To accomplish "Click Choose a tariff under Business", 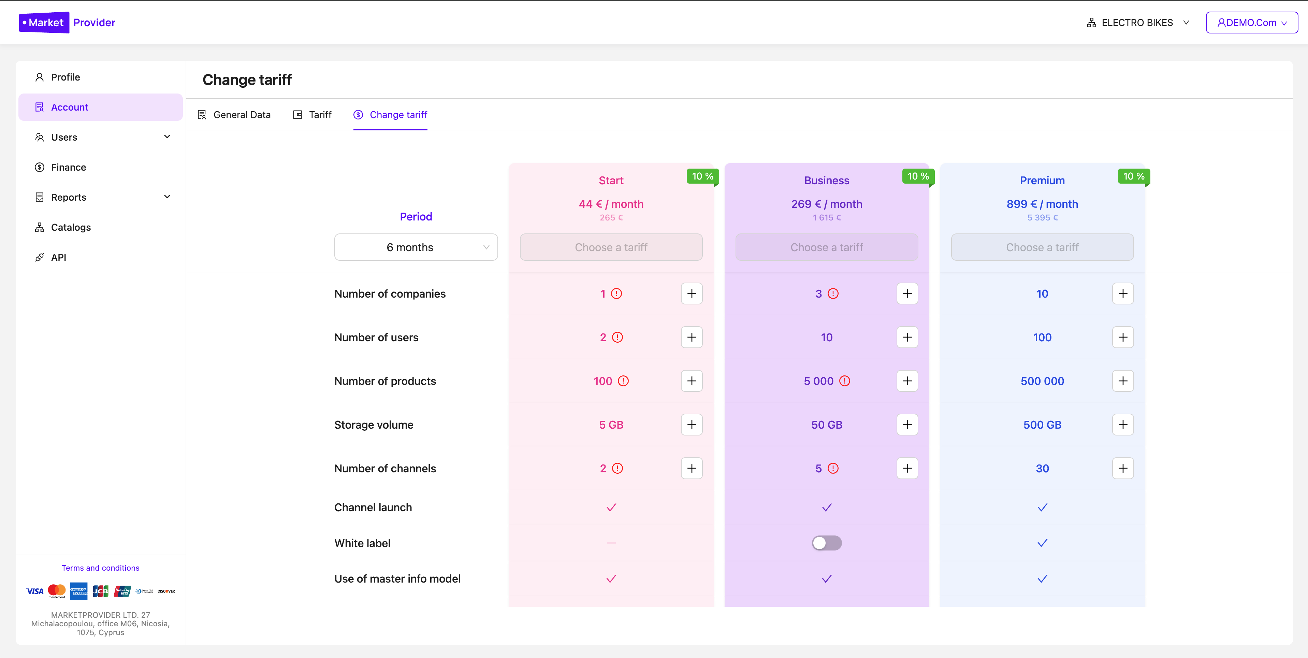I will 826,247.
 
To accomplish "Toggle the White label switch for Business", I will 826,543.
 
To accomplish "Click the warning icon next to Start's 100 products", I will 623,381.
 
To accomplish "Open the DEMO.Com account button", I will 1252,23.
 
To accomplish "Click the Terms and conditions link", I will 101,568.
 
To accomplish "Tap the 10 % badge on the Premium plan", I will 1133,176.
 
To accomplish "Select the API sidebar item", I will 58,257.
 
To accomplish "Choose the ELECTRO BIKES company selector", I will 1137,23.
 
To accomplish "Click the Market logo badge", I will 44,23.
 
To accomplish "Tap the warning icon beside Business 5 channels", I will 833,469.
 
